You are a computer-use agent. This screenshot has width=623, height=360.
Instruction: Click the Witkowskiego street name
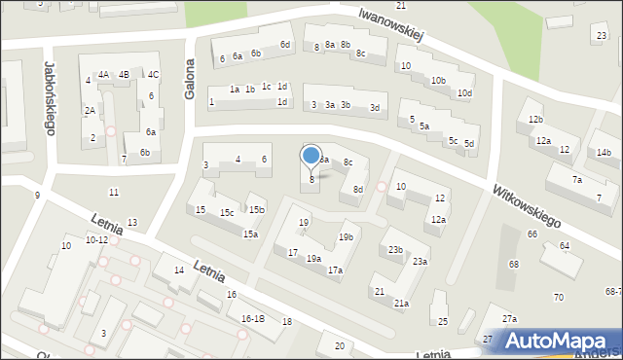[528, 206]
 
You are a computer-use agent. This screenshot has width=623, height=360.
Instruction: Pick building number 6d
[284, 45]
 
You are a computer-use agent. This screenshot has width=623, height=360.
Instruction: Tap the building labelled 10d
[465, 93]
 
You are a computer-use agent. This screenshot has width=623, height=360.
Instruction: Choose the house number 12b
[535, 119]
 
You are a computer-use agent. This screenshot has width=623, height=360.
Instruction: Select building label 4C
[153, 75]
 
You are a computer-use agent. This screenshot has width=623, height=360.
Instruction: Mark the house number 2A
[90, 111]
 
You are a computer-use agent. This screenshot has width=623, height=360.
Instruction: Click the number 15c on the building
[226, 213]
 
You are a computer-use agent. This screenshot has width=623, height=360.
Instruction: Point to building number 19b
[346, 237]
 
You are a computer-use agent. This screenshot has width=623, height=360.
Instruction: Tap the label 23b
[395, 250]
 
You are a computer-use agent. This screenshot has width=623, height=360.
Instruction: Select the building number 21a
[401, 304]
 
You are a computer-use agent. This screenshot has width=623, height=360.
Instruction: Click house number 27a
[509, 319]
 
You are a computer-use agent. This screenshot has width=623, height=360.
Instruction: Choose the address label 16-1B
[252, 318]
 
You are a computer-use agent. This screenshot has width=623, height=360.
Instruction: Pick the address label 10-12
[96, 239]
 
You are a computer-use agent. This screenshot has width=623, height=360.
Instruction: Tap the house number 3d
[375, 108]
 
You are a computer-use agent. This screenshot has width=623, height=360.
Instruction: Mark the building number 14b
[604, 153]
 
